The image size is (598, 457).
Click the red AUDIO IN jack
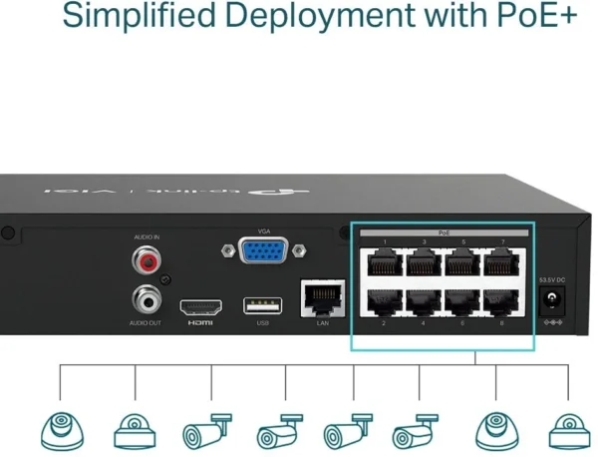pos(148,262)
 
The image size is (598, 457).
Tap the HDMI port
pos(200,306)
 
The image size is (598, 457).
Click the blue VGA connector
pos(263,250)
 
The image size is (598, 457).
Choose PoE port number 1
pos(383,262)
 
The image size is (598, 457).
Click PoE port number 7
pos(501,262)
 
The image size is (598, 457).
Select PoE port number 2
pos(383,301)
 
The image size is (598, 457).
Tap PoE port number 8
pos(501,301)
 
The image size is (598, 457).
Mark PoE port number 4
pos(423,301)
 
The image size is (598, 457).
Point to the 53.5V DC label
pos(550,278)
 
